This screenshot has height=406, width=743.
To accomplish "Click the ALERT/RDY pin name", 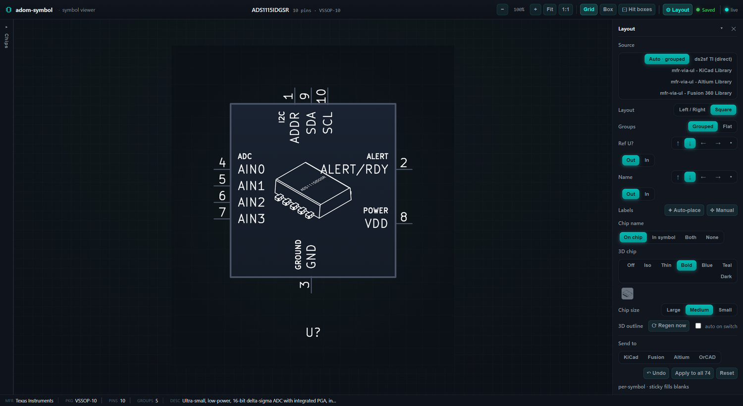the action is (354, 169).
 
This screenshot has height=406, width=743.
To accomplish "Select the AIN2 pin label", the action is (251, 202).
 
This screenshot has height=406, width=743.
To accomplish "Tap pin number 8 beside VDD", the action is (403, 217).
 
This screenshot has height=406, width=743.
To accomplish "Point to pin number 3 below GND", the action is (305, 285).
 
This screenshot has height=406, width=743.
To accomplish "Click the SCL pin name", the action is (327, 123).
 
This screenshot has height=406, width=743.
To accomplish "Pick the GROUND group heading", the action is (298, 254).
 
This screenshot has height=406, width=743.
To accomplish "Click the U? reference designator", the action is (313, 332).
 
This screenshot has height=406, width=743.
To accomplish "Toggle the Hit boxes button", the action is (637, 9).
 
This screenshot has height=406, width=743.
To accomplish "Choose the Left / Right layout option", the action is (692, 110).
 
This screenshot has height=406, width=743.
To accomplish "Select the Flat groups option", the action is (727, 127).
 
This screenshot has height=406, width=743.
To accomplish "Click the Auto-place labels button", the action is (684, 210).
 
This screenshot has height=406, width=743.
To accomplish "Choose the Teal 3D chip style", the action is (727, 265).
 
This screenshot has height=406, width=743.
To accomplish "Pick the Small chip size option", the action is (725, 310).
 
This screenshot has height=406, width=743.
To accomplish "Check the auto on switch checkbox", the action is (698, 326).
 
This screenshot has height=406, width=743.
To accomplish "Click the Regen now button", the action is (669, 326).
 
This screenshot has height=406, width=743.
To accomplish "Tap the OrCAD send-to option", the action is (707, 357).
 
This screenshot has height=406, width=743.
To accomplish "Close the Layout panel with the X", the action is (734, 29).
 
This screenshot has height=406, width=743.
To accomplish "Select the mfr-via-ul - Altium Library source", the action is (701, 82).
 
